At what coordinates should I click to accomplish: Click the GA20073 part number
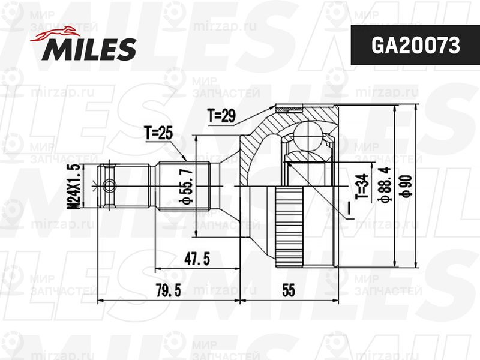(x=415, y=46)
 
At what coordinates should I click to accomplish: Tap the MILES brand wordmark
(x=89, y=49)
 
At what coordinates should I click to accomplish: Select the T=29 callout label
(x=221, y=116)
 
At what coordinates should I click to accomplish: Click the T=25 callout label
(x=159, y=133)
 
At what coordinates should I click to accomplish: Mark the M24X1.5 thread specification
(x=74, y=186)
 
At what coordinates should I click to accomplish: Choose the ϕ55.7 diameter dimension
(x=187, y=185)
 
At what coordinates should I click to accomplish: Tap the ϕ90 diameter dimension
(x=407, y=186)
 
